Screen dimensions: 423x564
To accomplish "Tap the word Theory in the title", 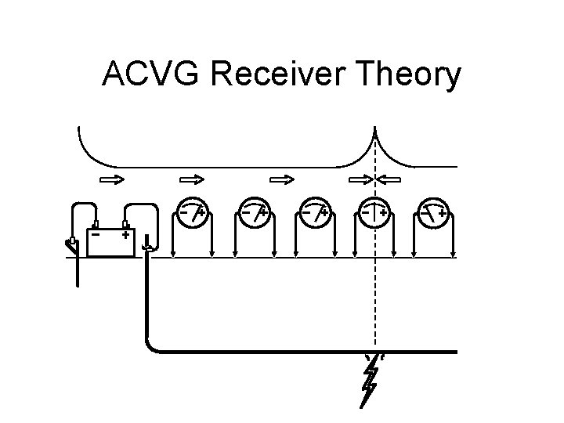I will tap(408, 76).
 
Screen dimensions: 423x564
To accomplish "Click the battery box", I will tap(110, 242).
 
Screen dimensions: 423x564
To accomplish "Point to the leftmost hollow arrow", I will tap(111, 179).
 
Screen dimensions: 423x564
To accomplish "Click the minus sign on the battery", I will tap(96, 234).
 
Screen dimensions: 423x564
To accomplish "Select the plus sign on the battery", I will tap(125, 234).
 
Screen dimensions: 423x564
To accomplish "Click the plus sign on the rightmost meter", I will tap(443, 212).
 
